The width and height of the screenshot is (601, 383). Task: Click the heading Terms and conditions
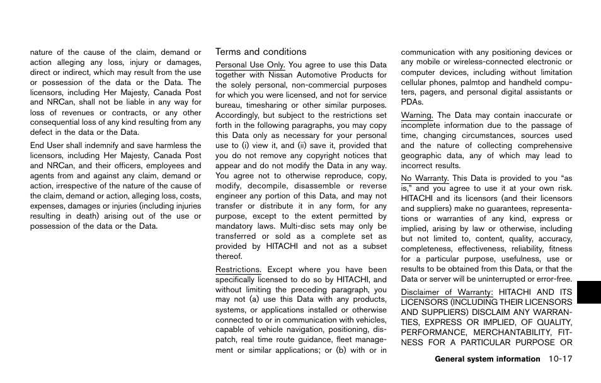click(261, 52)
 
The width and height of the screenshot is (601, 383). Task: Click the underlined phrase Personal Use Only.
click(250, 65)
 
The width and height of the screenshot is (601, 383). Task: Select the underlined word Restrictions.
click(238, 270)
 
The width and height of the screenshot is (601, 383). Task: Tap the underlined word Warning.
click(417, 115)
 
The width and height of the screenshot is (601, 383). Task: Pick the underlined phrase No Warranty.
click(425, 178)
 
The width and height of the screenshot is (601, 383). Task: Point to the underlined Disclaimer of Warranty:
click(447, 292)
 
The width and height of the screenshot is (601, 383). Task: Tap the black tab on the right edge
click(589, 284)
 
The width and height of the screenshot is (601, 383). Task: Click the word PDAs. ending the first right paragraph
click(412, 102)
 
